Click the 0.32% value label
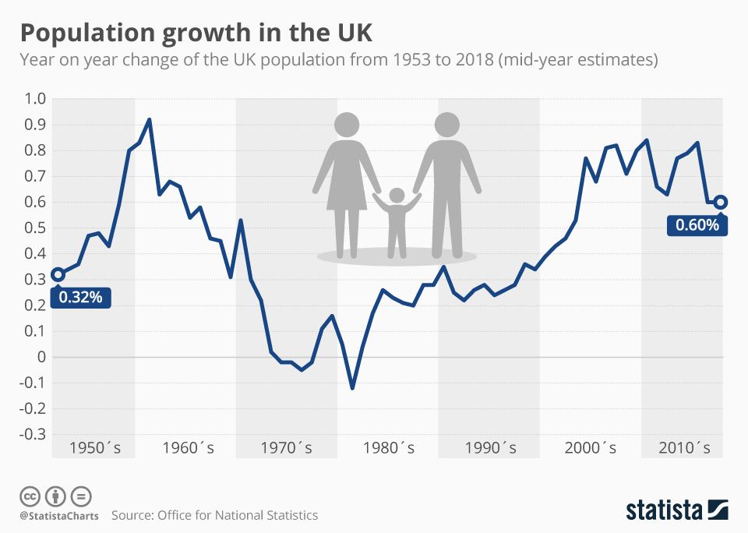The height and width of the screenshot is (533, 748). (x=81, y=297)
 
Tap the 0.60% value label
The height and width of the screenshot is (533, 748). (x=697, y=225)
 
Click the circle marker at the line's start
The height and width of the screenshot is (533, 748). (x=58, y=274)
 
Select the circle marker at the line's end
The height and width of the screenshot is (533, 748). (x=721, y=202)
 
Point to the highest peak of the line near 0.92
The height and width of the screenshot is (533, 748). (x=149, y=120)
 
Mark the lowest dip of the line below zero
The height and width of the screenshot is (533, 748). (x=352, y=387)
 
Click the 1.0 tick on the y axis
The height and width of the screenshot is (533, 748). (x=37, y=99)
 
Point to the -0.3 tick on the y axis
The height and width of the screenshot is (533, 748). (x=34, y=434)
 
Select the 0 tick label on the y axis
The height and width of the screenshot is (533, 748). (x=41, y=357)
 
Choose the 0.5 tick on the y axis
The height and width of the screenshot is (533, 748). (x=37, y=228)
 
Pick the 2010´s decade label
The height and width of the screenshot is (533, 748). (x=684, y=448)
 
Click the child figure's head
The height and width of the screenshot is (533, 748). (x=397, y=195)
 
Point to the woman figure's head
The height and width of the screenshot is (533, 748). (x=347, y=125)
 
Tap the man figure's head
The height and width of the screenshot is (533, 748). (x=447, y=125)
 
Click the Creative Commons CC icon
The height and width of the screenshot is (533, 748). (x=30, y=496)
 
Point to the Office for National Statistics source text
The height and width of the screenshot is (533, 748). (x=238, y=515)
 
